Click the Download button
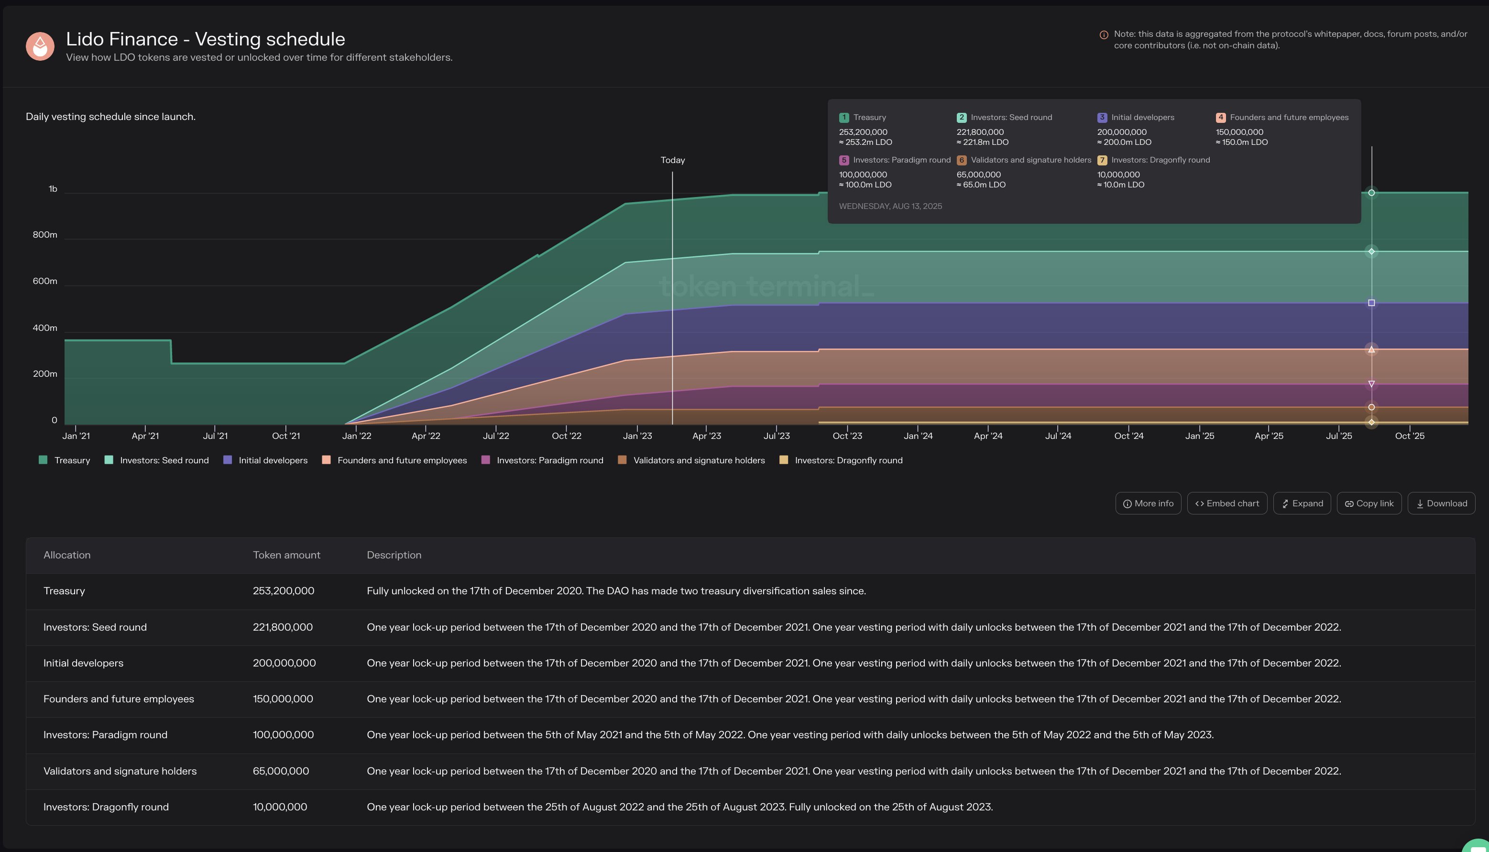pos(1441,503)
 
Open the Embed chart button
pos(1227,503)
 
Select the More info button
pos(1148,503)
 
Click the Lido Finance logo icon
pos(40,46)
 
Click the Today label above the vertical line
pos(672,160)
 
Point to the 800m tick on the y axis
pos(45,235)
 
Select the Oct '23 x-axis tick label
pos(847,436)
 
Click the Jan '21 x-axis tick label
pos(76,436)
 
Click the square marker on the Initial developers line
pos(1371,303)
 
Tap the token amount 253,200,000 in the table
pos(283,591)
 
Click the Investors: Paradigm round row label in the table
pos(105,735)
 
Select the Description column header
pos(394,555)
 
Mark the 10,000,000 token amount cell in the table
pos(280,807)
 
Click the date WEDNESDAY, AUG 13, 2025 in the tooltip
pos(890,206)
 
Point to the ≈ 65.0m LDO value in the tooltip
pos(981,185)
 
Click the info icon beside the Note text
pos(1104,35)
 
